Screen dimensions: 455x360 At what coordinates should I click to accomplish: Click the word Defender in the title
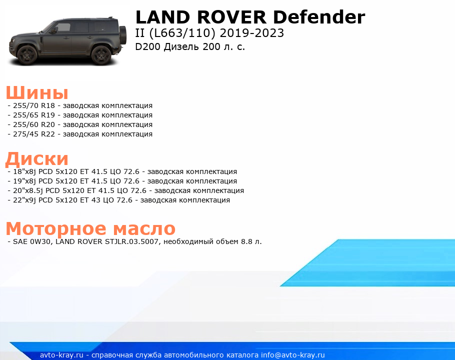pos(319,17)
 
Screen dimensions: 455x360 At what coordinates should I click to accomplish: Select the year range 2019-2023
pos(252,33)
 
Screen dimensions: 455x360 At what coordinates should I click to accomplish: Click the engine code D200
pos(147,46)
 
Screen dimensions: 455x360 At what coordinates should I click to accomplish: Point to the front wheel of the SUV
pos(27,55)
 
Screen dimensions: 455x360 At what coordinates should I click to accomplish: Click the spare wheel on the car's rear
pos(123,35)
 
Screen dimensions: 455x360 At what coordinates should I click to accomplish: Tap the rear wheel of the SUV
pos(101,55)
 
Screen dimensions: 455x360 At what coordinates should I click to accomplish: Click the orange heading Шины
pos(37,93)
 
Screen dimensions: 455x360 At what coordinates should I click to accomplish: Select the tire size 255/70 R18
pos(34,105)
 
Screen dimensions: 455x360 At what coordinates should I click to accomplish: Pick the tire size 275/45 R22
pos(34,134)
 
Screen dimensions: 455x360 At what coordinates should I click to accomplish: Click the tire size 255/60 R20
pos(34,124)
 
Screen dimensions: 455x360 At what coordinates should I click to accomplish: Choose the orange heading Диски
pos(37,159)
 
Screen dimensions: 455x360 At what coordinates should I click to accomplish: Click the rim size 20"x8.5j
pos(28,191)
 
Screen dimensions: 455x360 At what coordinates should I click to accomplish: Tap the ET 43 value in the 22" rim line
pos(89,200)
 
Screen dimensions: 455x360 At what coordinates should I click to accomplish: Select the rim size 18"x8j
pos(24,171)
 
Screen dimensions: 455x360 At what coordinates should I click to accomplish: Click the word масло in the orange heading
pos(144,228)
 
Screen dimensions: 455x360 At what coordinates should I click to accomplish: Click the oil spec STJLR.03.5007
pos(131,241)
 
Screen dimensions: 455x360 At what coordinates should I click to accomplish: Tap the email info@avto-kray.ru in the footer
pos(293,355)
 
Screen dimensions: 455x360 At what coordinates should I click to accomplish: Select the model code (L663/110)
pos(182,33)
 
